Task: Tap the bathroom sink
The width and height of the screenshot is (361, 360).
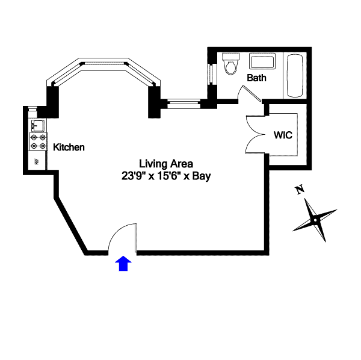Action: click(x=262, y=62)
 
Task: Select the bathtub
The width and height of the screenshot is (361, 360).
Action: click(x=295, y=76)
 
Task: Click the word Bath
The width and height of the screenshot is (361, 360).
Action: click(x=256, y=78)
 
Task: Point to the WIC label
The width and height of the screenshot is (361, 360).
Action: click(x=283, y=135)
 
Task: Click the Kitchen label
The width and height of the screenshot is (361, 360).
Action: click(x=69, y=147)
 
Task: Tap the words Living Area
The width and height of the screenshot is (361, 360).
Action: click(x=165, y=164)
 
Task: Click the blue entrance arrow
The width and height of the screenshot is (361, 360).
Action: click(x=123, y=263)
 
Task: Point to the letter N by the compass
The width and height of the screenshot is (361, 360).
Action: click(x=299, y=190)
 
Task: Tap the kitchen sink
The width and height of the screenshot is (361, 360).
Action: click(x=35, y=125)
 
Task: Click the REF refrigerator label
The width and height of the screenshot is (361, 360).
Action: click(x=37, y=161)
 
